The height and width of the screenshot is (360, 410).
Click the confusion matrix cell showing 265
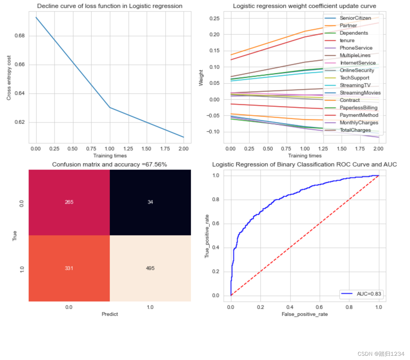point(69,202)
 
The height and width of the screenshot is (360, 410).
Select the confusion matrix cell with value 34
point(150,202)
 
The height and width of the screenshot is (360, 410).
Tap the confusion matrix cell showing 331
point(69,268)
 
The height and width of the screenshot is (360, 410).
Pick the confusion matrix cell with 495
point(150,268)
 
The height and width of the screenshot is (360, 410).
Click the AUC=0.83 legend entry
point(361,294)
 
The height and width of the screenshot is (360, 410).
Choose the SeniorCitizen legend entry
point(348,18)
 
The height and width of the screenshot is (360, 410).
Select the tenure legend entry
point(340,41)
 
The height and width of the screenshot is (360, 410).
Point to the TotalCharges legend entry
point(347,130)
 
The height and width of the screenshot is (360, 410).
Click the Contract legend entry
point(342,100)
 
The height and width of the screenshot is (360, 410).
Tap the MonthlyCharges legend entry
point(351,123)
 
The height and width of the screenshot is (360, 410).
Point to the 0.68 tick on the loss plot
point(20,36)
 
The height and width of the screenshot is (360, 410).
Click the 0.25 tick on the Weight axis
point(214,18)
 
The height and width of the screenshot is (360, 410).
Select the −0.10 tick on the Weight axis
point(213,132)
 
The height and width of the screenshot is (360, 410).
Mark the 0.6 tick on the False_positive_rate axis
point(319,307)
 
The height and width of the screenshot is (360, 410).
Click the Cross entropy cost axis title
point(9,78)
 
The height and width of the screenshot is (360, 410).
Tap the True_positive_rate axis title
point(207,236)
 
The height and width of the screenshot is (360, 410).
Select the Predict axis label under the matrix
point(110,314)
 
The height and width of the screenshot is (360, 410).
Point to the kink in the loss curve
point(110,107)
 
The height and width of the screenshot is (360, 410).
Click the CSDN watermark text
point(381,354)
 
